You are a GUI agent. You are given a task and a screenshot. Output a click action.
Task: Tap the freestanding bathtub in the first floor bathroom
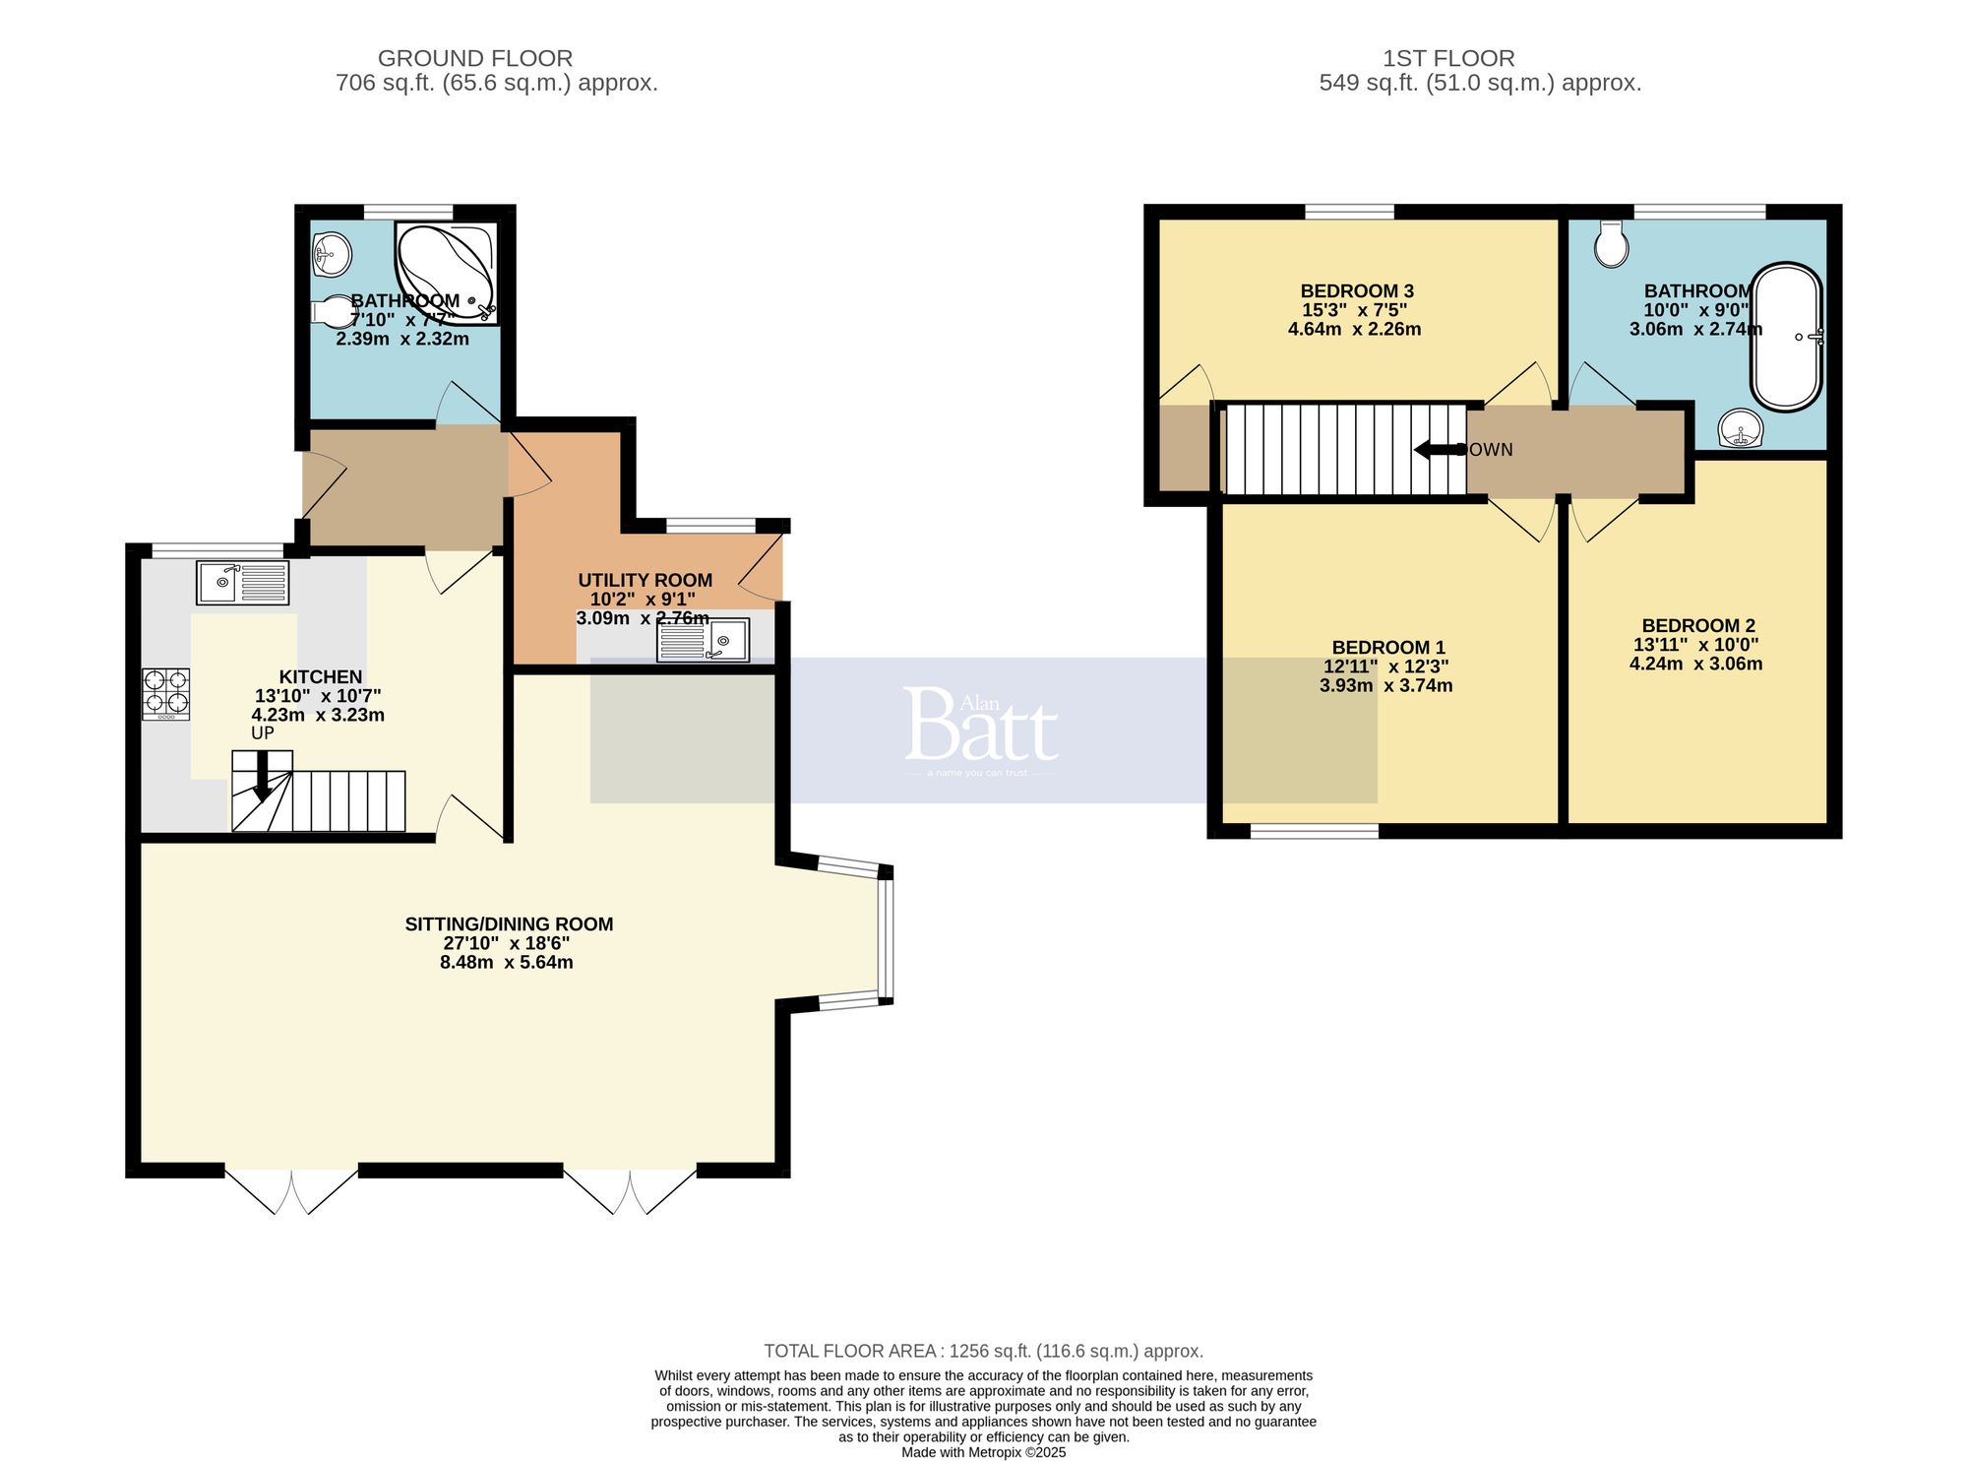[1786, 337]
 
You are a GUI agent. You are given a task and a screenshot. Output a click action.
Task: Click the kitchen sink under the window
[242, 583]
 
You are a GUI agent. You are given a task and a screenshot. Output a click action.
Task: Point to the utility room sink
[703, 641]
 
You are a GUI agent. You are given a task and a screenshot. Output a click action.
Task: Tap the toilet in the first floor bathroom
[1612, 243]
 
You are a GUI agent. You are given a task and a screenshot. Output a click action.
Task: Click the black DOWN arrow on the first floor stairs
[1437, 450]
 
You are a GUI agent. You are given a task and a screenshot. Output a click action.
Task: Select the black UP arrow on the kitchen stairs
[263, 778]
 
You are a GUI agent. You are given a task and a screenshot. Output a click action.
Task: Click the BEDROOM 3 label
[1357, 291]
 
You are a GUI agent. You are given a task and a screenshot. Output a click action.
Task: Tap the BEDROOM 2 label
[1698, 626]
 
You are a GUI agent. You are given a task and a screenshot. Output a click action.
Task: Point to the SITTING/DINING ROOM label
[509, 924]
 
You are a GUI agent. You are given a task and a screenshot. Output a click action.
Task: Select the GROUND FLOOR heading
[475, 59]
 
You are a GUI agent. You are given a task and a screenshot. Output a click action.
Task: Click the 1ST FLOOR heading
[1448, 59]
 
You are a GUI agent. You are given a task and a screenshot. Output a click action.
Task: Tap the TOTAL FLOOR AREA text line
[983, 1352]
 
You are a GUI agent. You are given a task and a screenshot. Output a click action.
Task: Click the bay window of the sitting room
[886, 937]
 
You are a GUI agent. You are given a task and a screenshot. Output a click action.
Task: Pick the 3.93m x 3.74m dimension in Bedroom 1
[1385, 686]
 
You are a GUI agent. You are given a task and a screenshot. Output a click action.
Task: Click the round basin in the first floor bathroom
[1741, 429]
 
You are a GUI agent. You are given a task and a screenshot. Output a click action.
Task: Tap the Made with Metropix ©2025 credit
[983, 1452]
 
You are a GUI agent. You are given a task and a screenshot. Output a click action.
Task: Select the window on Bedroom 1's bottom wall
[1314, 832]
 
